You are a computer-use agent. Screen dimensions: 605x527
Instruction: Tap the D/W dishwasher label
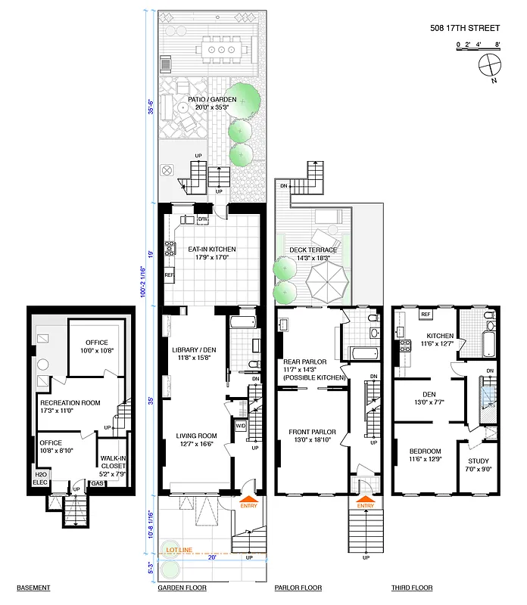click(x=203, y=220)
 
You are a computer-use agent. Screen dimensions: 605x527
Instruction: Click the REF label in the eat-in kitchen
click(x=169, y=275)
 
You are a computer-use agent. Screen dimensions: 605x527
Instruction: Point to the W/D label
click(x=241, y=424)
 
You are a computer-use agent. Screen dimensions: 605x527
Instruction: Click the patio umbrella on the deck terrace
click(x=328, y=283)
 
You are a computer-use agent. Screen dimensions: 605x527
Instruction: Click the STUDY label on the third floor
click(x=478, y=461)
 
